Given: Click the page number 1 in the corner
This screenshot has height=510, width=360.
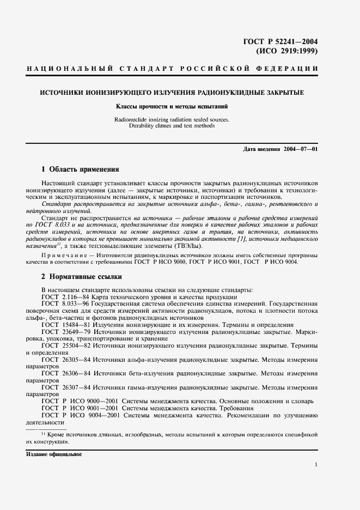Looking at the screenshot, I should tap(316, 464).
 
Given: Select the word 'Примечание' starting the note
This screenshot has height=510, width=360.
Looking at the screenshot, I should tap(60, 255).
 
